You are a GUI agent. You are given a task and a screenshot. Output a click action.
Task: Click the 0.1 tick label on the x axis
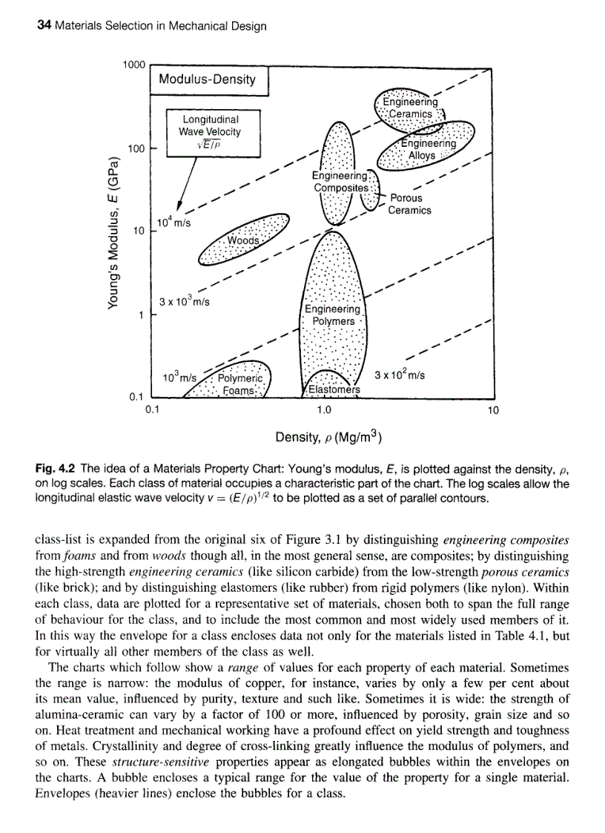(152, 409)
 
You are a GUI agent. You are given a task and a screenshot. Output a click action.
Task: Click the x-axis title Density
(328, 439)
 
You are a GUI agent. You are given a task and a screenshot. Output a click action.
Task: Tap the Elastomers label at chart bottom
(334, 389)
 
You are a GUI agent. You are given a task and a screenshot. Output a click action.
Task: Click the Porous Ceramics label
(409, 204)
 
